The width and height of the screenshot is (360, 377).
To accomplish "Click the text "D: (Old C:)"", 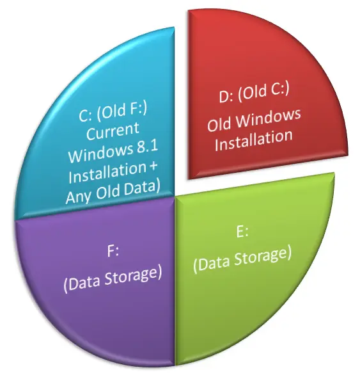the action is click(x=254, y=93).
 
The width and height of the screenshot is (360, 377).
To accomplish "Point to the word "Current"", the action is click(x=113, y=132).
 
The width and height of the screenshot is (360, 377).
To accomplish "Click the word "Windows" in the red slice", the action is click(x=269, y=118).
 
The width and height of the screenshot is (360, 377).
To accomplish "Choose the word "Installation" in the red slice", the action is click(x=254, y=141).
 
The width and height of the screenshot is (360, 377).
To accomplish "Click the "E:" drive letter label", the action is click(x=242, y=232).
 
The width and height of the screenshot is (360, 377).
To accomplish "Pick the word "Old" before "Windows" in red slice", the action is click(x=219, y=124).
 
